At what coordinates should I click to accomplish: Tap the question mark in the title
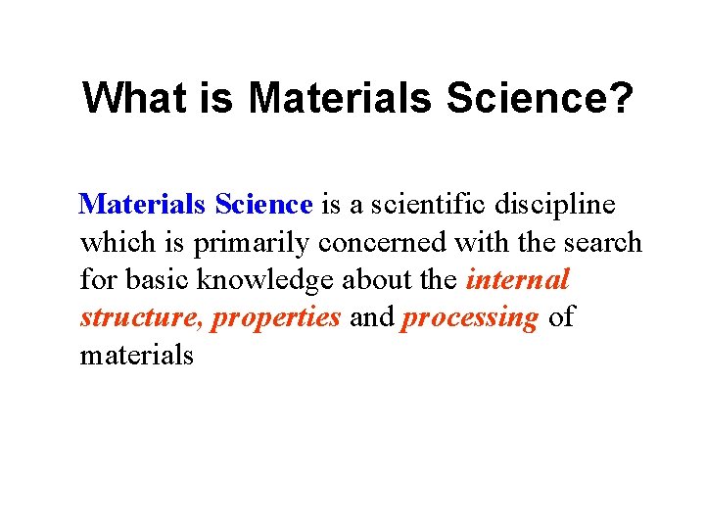[x=624, y=97]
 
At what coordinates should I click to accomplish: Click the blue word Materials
[x=143, y=205]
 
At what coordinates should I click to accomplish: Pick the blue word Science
[x=262, y=205]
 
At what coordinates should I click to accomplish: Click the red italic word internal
[x=517, y=280]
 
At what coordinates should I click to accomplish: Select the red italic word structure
[x=141, y=318]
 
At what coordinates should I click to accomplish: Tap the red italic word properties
[x=276, y=318]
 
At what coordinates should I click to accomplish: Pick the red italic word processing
[x=469, y=318]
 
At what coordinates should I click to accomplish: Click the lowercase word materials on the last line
[x=137, y=355]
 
